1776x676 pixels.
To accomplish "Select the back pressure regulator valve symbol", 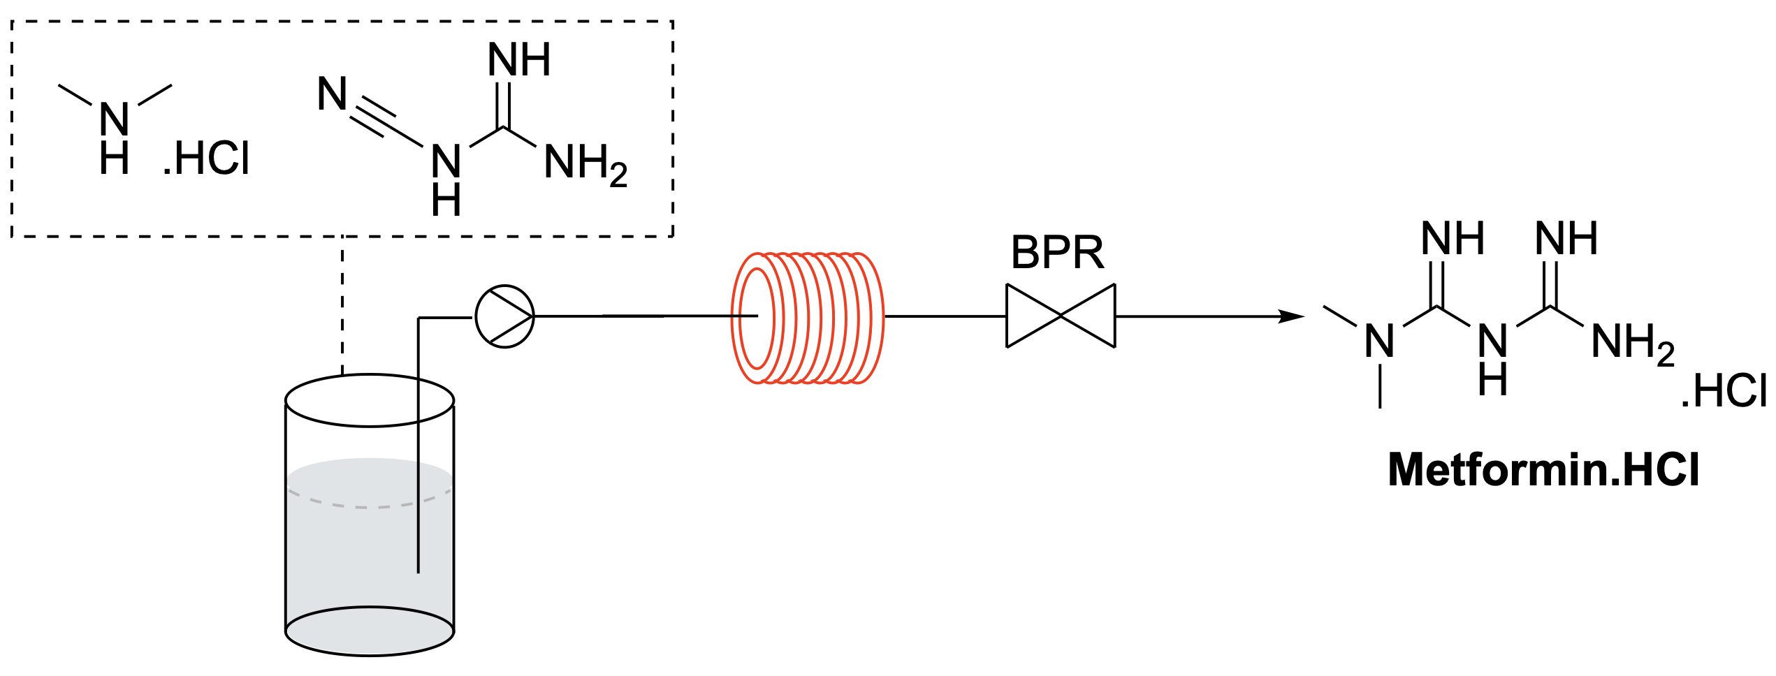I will click(1060, 316).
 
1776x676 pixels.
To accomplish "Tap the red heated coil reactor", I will click(808, 318).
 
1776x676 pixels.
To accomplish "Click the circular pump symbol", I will click(504, 316).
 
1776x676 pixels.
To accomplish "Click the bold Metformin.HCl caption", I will click(1543, 469).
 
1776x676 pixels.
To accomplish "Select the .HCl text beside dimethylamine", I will click(207, 159).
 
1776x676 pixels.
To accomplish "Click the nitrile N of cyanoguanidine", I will click(332, 94).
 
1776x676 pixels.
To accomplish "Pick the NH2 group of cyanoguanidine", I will click(585, 165).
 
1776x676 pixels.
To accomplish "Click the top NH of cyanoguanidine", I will click(518, 60).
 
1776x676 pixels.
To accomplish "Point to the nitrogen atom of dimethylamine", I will click(115, 119).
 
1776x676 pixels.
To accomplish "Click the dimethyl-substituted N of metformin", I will click(1379, 341).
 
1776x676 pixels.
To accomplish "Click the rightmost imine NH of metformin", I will click(1566, 239).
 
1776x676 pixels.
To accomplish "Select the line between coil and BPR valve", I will click(945, 316).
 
